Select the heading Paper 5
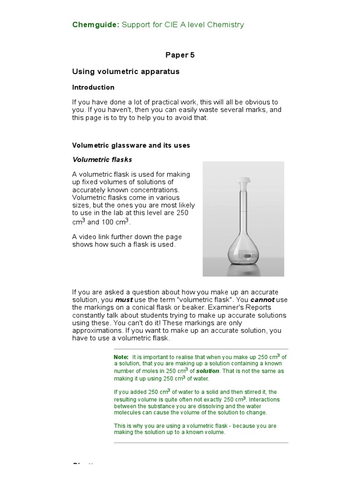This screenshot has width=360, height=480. click(180, 55)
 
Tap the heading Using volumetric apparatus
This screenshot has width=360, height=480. click(126, 72)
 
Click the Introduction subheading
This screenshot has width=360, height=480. click(93, 87)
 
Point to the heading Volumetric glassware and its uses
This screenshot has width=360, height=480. click(131, 145)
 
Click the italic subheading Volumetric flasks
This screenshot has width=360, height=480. click(102, 160)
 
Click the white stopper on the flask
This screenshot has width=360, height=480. click(244, 180)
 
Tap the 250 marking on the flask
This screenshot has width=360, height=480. click(255, 256)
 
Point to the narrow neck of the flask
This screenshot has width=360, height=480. click(244, 211)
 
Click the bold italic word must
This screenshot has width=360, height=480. click(124, 300)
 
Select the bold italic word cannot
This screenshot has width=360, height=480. click(262, 300)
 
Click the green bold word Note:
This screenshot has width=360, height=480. click(121, 357)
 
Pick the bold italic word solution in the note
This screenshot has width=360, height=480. click(208, 371)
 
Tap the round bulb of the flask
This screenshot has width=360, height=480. click(244, 248)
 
